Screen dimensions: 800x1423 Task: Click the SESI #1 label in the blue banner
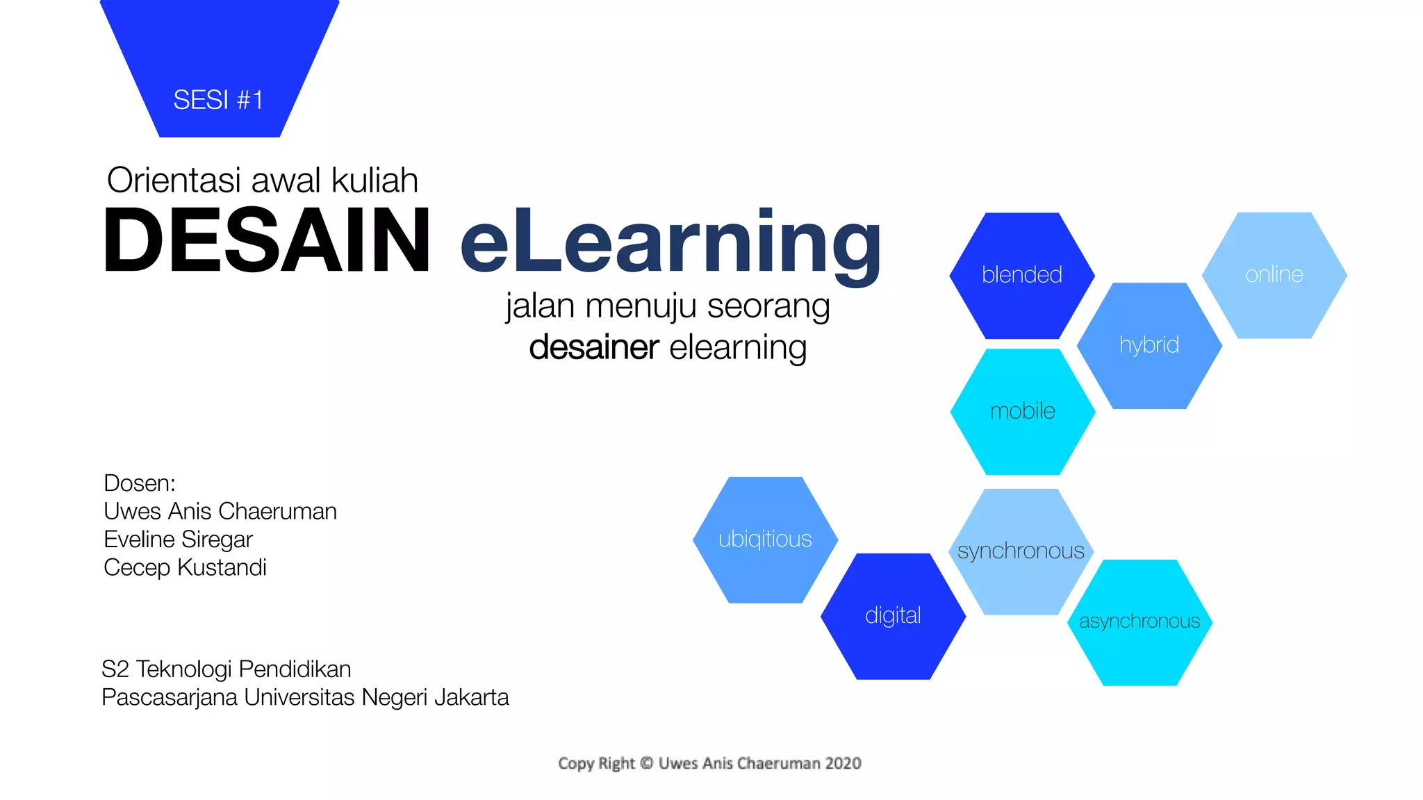click(218, 100)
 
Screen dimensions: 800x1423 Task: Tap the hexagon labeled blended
click(1021, 275)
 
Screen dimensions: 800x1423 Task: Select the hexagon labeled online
click(1274, 275)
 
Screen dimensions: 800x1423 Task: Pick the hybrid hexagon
click(1149, 345)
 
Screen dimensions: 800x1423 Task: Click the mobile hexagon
click(1022, 411)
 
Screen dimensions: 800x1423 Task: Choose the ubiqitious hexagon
click(765, 540)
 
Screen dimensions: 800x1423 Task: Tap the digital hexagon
click(893, 616)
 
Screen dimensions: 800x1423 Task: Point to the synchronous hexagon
click(1021, 551)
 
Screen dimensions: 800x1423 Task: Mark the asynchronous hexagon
click(1140, 622)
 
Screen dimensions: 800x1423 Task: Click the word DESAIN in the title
click(267, 240)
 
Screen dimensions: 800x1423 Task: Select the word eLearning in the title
click(671, 243)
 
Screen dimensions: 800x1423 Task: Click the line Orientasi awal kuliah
click(262, 181)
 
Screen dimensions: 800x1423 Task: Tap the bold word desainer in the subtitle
click(593, 347)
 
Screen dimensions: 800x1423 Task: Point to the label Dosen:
click(139, 483)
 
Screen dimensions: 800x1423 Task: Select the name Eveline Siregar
click(178, 540)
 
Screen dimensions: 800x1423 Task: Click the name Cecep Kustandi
click(185, 567)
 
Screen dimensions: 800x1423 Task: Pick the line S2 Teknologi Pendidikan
click(226, 669)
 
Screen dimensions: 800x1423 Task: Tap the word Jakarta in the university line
click(471, 697)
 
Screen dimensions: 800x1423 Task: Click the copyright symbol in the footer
click(646, 763)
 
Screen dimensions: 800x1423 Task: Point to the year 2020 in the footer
click(843, 763)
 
